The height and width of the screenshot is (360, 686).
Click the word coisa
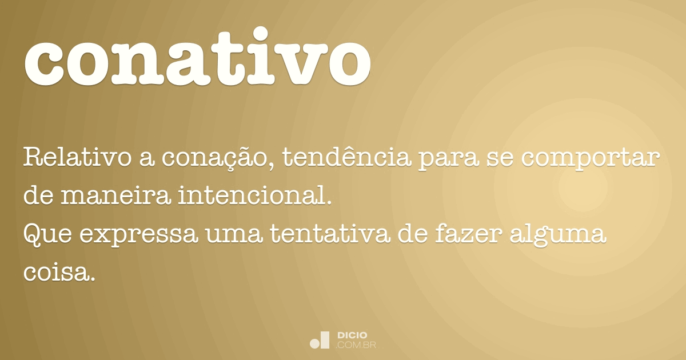click(x=57, y=273)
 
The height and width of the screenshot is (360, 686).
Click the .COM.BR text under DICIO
click(x=356, y=345)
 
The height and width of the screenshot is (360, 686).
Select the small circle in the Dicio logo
click(x=314, y=343)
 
